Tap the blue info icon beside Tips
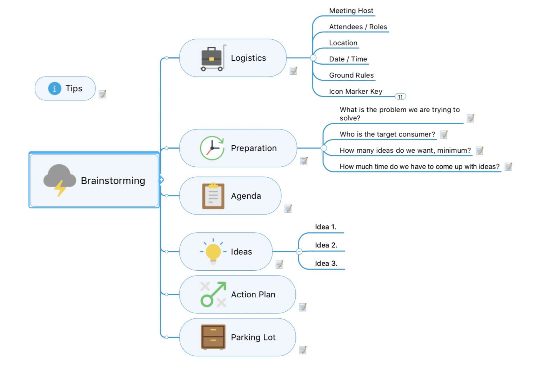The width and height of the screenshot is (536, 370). pos(54,88)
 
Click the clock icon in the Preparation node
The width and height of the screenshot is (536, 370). pos(212,148)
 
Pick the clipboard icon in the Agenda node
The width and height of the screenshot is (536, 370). pos(213,196)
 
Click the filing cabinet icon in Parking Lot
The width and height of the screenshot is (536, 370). pos(213,337)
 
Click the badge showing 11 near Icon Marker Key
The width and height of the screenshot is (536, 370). pos(400,97)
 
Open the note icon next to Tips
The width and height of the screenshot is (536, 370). pos(102,94)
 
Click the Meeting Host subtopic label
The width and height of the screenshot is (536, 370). pos(351,11)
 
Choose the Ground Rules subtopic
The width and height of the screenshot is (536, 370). pos(351,75)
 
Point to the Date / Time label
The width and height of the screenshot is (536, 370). pos(348,59)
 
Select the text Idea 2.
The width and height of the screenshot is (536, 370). pos(326,245)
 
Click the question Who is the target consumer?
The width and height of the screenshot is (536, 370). pos(387,134)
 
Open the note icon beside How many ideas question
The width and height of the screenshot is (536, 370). pos(480,151)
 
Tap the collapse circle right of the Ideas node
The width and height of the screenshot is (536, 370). pos(299,251)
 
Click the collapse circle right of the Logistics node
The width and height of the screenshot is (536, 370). pos(313,58)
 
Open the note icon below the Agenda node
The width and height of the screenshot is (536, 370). pos(288,209)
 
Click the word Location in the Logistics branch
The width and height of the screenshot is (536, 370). pos(343,43)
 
